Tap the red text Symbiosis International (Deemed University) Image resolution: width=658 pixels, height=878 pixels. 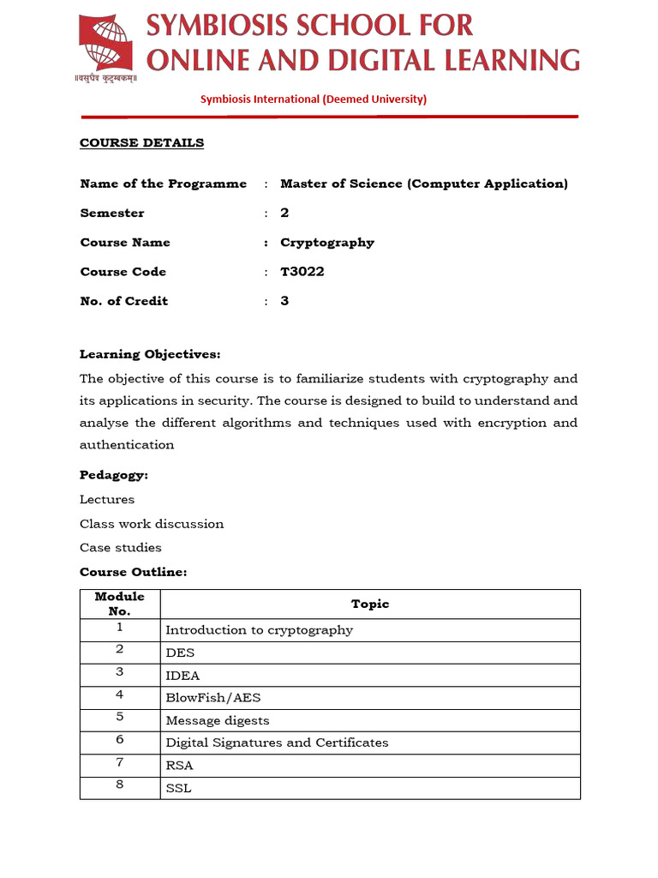pyautogui.click(x=313, y=99)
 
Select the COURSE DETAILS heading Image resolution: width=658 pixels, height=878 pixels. pyautogui.click(x=141, y=142)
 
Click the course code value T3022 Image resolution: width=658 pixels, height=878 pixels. pyautogui.click(x=302, y=272)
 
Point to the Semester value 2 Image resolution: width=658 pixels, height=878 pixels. pyautogui.click(x=284, y=213)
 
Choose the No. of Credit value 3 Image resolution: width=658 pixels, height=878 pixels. pyautogui.click(x=284, y=301)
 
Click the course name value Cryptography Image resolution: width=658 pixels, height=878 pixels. pyautogui.click(x=327, y=243)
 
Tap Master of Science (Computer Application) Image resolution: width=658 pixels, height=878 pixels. pyautogui.click(x=424, y=183)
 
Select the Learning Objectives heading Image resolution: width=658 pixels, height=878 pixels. pyautogui.click(x=150, y=354)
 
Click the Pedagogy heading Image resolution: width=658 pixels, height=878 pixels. pyautogui.click(x=114, y=475)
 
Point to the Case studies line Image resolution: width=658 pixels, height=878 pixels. pyautogui.click(x=121, y=547)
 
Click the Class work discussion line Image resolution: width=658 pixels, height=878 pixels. pyautogui.click(x=152, y=523)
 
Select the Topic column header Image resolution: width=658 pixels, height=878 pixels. pyautogui.click(x=370, y=604)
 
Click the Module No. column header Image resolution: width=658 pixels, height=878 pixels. pyautogui.click(x=120, y=604)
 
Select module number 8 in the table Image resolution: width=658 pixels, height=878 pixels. pyautogui.click(x=120, y=785)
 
